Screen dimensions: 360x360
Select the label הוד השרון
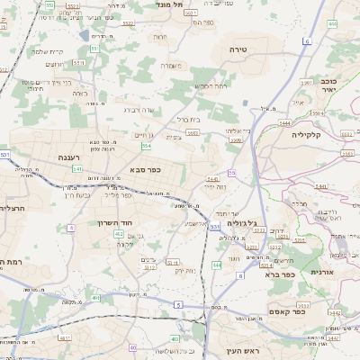(115, 221)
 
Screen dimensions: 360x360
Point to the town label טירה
(238, 49)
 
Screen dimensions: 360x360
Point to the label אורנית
(322, 271)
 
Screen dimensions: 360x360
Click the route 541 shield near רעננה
(77, 168)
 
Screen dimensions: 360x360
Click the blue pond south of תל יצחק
(85, 34)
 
